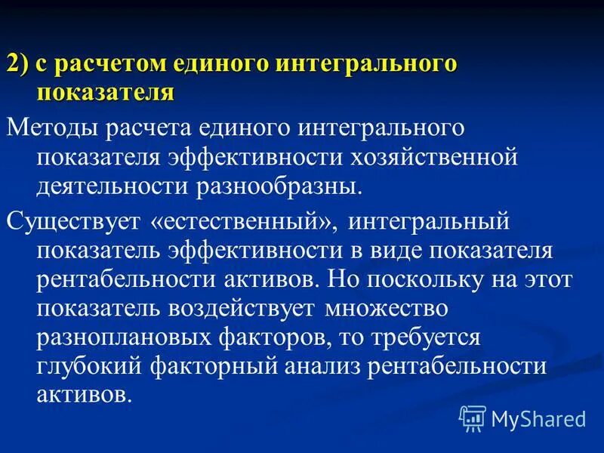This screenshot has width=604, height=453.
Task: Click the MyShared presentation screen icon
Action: click(x=473, y=418)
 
